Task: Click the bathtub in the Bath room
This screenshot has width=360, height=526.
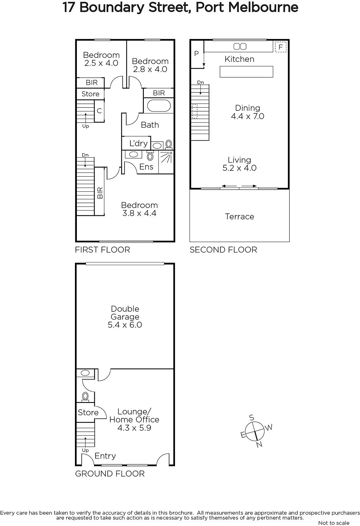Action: tap(159, 106)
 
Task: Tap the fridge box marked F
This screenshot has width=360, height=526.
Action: tap(281, 47)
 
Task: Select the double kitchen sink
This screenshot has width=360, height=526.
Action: tap(240, 46)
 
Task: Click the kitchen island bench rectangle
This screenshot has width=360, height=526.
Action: tap(246, 72)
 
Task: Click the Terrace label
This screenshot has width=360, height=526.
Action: tap(239, 217)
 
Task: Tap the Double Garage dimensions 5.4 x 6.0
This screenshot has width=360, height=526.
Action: tap(125, 325)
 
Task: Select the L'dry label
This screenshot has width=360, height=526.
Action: tap(139, 143)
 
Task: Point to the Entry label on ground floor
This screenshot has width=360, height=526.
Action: tap(105, 456)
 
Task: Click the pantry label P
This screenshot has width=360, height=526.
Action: tap(196, 54)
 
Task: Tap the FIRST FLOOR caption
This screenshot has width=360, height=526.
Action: tap(102, 250)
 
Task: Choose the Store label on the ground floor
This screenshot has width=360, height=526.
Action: tap(88, 412)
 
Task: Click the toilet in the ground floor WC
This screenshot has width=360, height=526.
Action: tap(85, 396)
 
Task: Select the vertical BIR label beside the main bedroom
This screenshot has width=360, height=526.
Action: tap(100, 193)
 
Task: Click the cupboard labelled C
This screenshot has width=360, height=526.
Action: tap(99, 111)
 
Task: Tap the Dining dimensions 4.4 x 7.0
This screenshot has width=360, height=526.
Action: tap(248, 116)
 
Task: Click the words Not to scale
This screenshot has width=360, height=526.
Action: tap(334, 523)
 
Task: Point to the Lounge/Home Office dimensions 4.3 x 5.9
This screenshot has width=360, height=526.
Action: tap(134, 428)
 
